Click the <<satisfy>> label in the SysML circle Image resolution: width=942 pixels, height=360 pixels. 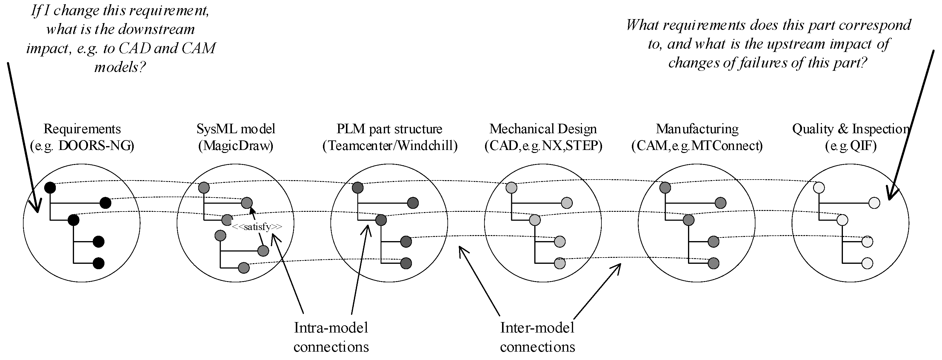(257, 227)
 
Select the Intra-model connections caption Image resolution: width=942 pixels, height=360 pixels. (331, 337)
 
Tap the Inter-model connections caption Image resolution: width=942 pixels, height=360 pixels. (537, 337)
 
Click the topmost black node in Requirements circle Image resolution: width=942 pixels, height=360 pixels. (50, 188)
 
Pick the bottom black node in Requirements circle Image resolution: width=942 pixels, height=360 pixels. (98, 263)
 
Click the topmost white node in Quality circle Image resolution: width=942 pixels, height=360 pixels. (819, 188)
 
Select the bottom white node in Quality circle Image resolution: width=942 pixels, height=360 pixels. (867, 263)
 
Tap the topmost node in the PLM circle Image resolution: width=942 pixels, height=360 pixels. (358, 188)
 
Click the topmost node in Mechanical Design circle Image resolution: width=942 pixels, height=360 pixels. (511, 188)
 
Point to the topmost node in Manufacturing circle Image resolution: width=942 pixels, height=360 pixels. (665, 188)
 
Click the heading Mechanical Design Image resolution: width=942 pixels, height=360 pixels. (543, 129)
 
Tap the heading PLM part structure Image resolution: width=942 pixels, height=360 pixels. (390, 129)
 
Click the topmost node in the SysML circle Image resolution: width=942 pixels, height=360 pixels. (204, 188)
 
